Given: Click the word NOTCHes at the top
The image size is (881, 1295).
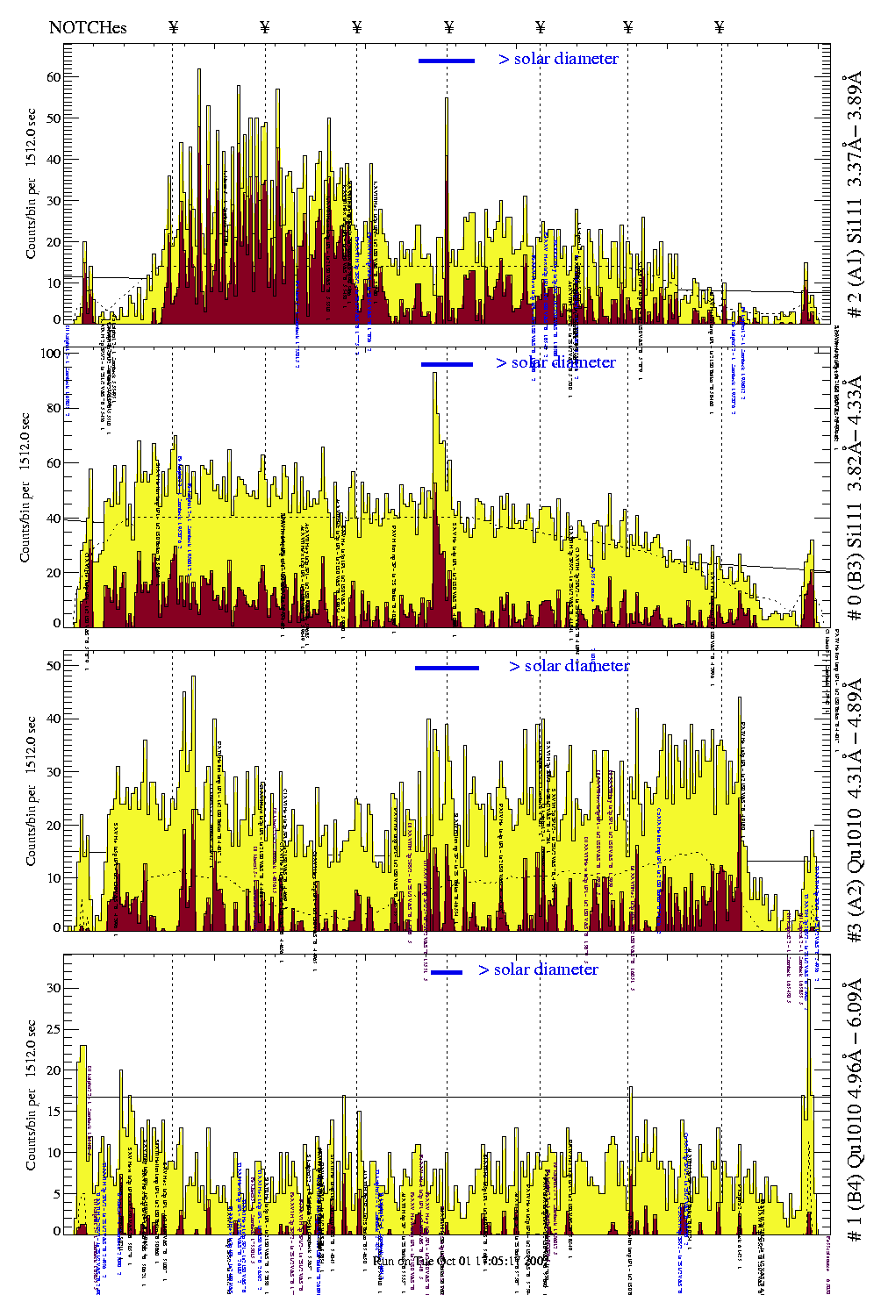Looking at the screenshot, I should tap(88, 27).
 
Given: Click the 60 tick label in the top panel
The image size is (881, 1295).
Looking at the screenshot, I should tap(54, 77).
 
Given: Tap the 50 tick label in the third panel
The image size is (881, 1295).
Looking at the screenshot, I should tap(54, 666).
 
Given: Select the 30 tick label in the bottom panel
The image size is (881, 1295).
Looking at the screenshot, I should tap(54, 988).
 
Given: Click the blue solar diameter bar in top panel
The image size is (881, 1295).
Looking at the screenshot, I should tap(447, 61).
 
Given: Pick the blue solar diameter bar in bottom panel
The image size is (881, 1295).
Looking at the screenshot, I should tap(447, 972).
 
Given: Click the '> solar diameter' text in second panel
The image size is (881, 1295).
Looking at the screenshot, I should tap(555, 362).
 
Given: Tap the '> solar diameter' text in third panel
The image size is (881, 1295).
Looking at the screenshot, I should tap(569, 666).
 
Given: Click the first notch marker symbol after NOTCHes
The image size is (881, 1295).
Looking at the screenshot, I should tap(174, 27).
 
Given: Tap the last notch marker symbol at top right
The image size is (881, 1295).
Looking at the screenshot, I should tap(720, 27).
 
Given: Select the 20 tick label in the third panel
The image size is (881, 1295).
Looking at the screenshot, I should tap(54, 826).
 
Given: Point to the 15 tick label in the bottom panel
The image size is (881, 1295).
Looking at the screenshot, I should tap(54, 1112).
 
